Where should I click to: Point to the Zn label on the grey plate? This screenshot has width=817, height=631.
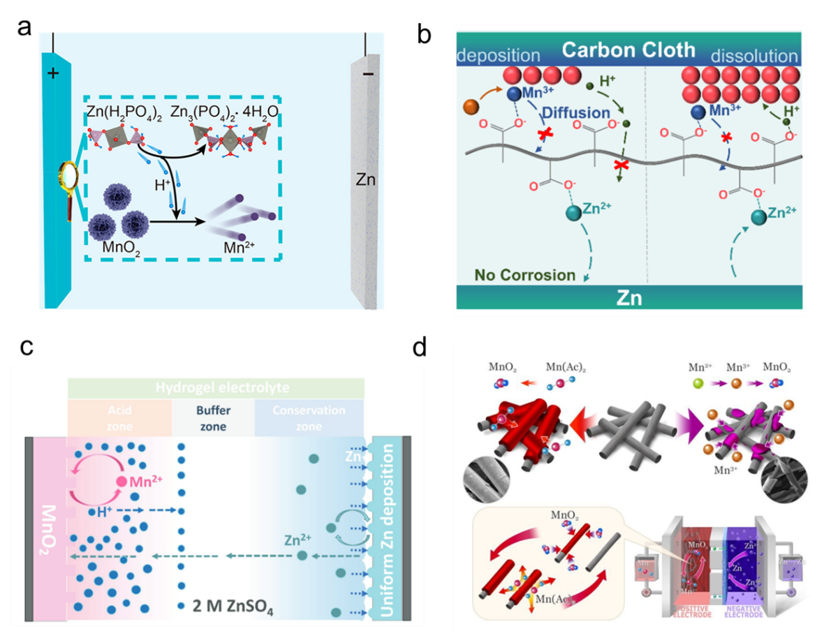[365, 181]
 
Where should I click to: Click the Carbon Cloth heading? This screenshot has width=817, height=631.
[628, 50]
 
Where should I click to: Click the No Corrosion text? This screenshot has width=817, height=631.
[524, 275]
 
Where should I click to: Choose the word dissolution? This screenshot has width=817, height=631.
[754, 56]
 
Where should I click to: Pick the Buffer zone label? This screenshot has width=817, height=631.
[213, 418]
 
